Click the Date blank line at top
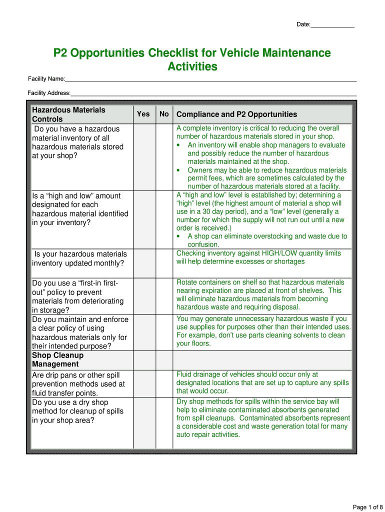pyautogui.click(x=332, y=24)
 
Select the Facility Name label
pyautogui.click(x=46, y=79)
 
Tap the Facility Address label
pyautogui.click(x=49, y=93)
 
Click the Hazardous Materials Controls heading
pyautogui.click(x=68, y=114)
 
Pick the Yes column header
pyautogui.click(x=143, y=114)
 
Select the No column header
pyautogui.click(x=164, y=114)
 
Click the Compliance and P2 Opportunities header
pyautogui.click(x=236, y=114)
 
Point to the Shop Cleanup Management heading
pyautogui.click(x=57, y=360)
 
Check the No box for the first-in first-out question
pyautogui.click(x=164, y=295)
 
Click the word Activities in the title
pyautogui.click(x=192, y=67)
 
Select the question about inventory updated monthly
pyautogui.click(x=79, y=258)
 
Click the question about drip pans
pyautogui.click(x=78, y=384)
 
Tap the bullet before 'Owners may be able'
pyautogui.click(x=178, y=170)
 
